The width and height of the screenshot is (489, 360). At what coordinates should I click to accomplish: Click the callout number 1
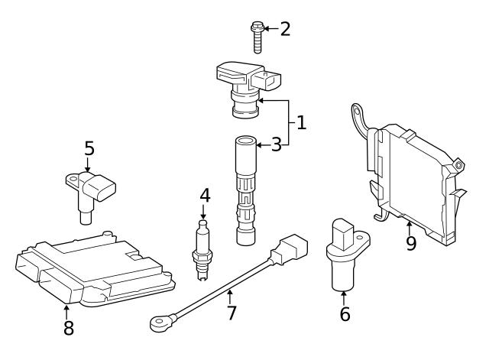click(x=301, y=122)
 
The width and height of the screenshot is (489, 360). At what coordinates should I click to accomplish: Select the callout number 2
click(x=285, y=29)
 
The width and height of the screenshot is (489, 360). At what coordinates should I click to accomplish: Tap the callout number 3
click(x=277, y=144)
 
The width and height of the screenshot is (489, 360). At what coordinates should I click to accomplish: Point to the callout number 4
click(x=205, y=195)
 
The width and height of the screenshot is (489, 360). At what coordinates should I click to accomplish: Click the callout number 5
click(x=89, y=148)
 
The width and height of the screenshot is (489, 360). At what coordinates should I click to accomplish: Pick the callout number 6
click(x=345, y=313)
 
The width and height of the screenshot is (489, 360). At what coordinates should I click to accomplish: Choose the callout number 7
click(x=232, y=313)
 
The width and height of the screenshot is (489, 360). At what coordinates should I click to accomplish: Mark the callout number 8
click(x=68, y=329)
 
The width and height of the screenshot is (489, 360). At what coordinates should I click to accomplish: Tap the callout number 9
click(x=410, y=244)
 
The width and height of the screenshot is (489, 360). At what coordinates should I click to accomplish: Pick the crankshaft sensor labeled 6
click(x=342, y=256)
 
